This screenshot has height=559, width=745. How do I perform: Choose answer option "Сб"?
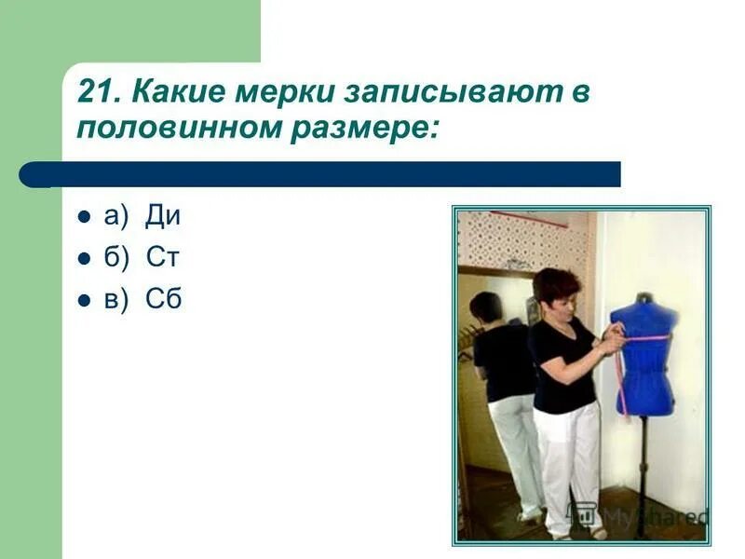pos(163,299)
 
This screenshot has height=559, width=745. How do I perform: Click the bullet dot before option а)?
pos(84,217)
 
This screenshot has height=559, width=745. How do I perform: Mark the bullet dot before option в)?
pos(84,300)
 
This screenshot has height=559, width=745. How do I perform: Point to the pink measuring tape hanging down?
pos(619,377)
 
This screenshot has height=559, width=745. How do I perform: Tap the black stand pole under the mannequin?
pos(643,475)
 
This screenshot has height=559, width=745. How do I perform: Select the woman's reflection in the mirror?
pos(503,391)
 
